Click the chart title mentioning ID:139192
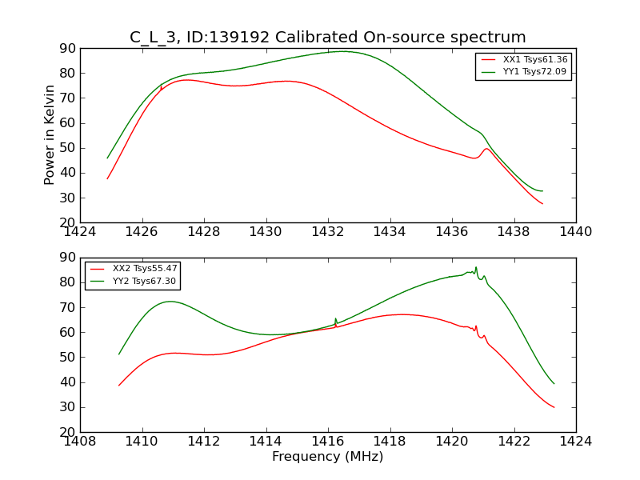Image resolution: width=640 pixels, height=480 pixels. click(x=328, y=38)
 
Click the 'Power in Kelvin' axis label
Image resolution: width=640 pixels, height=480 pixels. click(x=50, y=134)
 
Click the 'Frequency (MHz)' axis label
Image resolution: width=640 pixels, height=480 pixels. click(x=328, y=457)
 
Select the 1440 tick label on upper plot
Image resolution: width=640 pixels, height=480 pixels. click(x=575, y=233)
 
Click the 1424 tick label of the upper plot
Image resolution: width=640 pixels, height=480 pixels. click(x=81, y=233)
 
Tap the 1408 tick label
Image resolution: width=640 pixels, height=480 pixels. click(x=81, y=442)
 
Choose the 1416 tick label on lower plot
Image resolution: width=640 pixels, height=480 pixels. click(x=328, y=442)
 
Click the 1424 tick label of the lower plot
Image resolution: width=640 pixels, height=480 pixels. click(x=575, y=442)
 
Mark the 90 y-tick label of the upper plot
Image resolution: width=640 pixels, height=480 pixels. click(x=66, y=49)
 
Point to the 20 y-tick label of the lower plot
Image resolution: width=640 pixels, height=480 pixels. click(x=66, y=432)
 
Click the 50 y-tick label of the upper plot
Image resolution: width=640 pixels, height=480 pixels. click(x=66, y=148)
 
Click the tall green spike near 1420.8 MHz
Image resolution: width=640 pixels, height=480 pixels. click(x=476, y=268)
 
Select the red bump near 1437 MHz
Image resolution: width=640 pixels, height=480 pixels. click(x=486, y=148)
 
